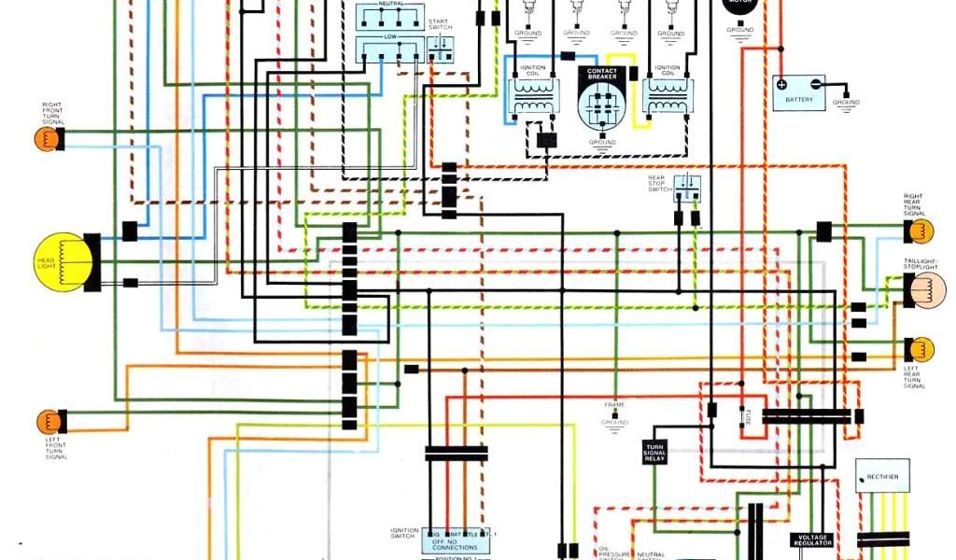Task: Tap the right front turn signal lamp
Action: [x=47, y=140]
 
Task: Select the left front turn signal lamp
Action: [x=48, y=421]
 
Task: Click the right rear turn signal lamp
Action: [x=920, y=228]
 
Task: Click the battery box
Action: [x=798, y=92]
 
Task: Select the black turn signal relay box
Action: [x=654, y=452]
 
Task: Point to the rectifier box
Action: [x=882, y=476]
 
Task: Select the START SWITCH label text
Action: [x=440, y=24]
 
